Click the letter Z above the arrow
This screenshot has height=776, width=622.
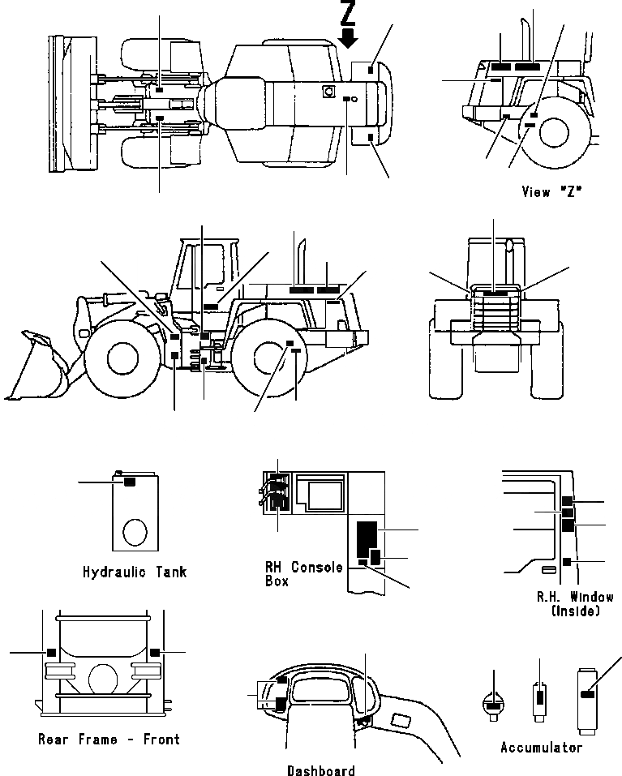(348, 14)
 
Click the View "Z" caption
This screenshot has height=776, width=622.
(552, 191)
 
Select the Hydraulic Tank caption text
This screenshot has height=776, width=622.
(135, 572)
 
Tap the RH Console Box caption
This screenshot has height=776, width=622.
(303, 573)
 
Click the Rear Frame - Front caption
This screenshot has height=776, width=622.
(109, 739)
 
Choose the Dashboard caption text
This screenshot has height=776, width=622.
(320, 770)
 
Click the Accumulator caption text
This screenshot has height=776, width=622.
(541, 747)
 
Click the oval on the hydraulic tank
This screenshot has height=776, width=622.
(135, 533)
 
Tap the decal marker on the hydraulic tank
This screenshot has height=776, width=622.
(128, 482)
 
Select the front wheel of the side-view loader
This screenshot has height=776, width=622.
(120, 355)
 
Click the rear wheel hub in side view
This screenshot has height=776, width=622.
(271, 357)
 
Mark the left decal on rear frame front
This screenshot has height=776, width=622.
(51, 651)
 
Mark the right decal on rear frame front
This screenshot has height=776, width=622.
(154, 651)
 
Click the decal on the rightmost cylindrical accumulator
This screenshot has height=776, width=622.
(588, 694)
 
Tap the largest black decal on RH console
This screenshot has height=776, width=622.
(367, 535)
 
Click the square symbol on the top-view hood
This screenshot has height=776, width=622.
(328, 92)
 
